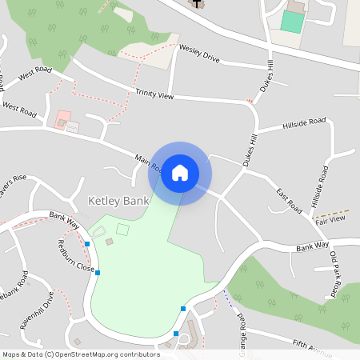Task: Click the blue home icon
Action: click(x=180, y=173)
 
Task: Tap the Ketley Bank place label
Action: click(x=118, y=200)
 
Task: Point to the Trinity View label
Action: click(x=154, y=95)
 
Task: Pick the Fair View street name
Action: click(x=330, y=218)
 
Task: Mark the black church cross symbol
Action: click(x=196, y=3)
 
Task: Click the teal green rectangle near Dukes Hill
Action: click(x=292, y=22)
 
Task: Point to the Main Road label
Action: click(x=149, y=164)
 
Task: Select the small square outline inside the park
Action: click(x=122, y=230)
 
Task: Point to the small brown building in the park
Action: click(x=110, y=242)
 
